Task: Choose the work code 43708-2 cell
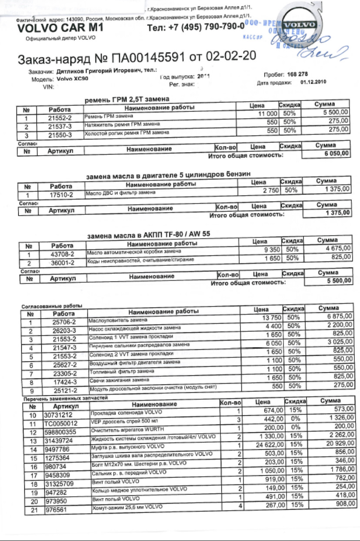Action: [63, 255]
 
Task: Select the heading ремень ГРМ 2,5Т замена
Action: [127, 100]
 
